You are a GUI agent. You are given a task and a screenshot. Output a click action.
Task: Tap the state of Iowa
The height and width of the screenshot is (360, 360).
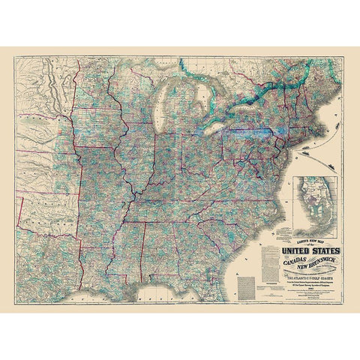click(x=105, y=139)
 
